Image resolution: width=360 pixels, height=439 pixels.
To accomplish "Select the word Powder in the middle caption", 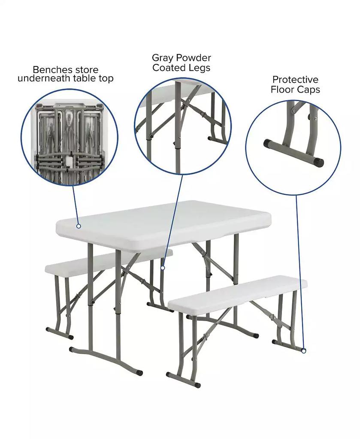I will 191,58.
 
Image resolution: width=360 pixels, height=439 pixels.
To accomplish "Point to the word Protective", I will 295,80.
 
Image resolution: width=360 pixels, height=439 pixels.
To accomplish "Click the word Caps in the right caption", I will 310,90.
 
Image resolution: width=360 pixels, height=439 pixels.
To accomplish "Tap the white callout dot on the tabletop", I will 79,226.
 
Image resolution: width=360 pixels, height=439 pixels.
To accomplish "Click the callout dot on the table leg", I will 163,268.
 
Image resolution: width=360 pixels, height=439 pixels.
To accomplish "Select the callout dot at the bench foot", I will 303,351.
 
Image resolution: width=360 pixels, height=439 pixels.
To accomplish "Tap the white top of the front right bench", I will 236,294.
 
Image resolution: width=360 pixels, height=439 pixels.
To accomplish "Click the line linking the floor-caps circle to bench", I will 299,274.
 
